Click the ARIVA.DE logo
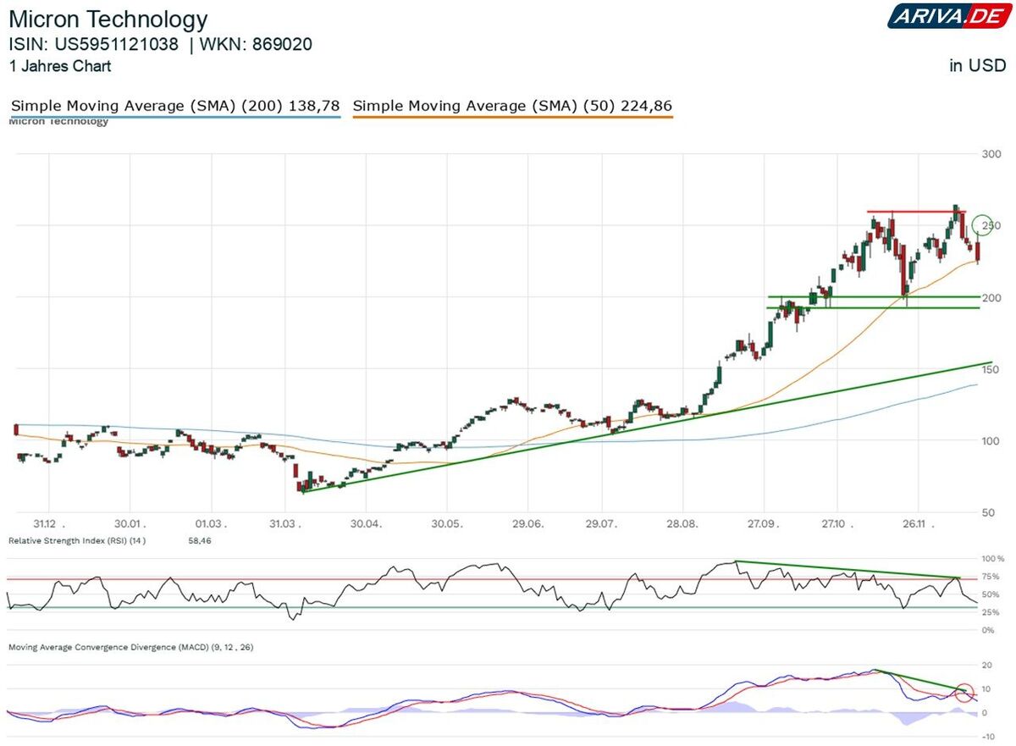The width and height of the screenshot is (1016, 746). [x=947, y=16]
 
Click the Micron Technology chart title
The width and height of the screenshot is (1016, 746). [x=108, y=19]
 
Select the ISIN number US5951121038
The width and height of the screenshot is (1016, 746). [x=123, y=45]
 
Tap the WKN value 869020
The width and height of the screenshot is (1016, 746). [x=282, y=45]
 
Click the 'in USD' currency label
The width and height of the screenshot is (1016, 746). [x=977, y=66]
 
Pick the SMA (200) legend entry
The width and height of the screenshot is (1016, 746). [x=175, y=106]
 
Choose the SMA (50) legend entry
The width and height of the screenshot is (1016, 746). [x=512, y=106]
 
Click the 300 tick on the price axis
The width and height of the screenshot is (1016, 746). [x=987, y=154]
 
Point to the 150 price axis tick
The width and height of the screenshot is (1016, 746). [x=987, y=370]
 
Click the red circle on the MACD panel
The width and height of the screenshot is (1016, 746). [x=964, y=694]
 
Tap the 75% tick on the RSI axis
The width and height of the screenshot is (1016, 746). [x=990, y=577]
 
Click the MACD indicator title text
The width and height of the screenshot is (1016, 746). [x=130, y=647]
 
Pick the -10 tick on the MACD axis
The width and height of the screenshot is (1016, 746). [x=986, y=737]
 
